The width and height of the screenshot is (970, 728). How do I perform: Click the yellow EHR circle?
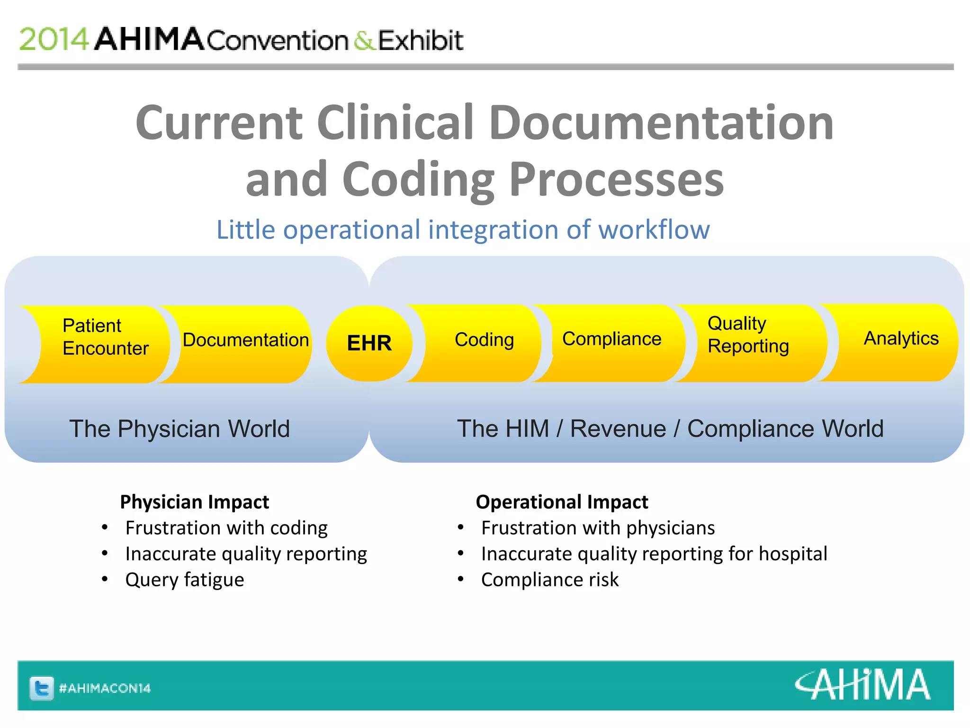click(369, 343)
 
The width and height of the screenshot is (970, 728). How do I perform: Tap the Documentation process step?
click(245, 340)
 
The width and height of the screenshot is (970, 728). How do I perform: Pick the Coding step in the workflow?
click(484, 340)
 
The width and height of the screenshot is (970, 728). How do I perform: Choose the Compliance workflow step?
click(611, 339)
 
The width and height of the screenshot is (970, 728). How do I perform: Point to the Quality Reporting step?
click(747, 335)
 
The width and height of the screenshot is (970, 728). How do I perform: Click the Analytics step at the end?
click(900, 339)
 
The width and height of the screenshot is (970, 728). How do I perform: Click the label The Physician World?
click(180, 429)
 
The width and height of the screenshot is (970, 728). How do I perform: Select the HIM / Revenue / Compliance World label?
click(670, 429)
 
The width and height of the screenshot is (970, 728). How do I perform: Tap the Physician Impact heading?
click(194, 502)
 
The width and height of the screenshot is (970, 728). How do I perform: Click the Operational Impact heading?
click(562, 502)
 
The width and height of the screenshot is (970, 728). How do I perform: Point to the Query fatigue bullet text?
click(185, 580)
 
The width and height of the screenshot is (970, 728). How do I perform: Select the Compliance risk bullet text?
click(549, 580)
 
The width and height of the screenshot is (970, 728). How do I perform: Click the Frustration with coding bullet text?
click(226, 528)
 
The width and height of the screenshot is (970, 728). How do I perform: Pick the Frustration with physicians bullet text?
click(598, 528)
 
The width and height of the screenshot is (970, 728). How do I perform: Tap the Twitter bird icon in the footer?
click(42, 688)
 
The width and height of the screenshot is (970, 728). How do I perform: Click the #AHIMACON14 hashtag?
click(105, 688)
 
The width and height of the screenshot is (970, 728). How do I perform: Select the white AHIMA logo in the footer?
click(862, 685)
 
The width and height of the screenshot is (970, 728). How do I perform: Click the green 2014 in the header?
click(54, 39)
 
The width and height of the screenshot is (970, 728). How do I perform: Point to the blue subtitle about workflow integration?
click(463, 230)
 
